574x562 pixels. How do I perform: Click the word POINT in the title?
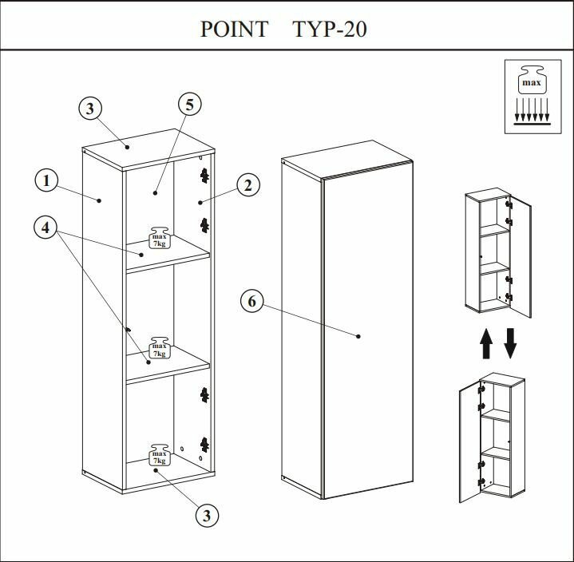click(234, 30)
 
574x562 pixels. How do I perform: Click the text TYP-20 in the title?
click(330, 30)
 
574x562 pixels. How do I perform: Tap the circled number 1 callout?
click(46, 181)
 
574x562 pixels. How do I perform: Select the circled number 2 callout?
click(248, 186)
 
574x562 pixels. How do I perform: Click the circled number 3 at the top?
click(91, 109)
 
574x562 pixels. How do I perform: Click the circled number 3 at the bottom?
click(207, 516)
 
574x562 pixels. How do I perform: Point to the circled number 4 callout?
click(46, 228)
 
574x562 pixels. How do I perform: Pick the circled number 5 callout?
click(188, 105)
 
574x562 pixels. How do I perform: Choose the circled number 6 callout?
click(251, 301)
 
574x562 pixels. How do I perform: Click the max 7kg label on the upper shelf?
click(160, 239)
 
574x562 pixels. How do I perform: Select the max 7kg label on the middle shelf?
click(160, 346)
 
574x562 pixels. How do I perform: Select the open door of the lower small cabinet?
click(469, 443)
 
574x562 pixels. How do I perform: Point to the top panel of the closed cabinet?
click(348, 166)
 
